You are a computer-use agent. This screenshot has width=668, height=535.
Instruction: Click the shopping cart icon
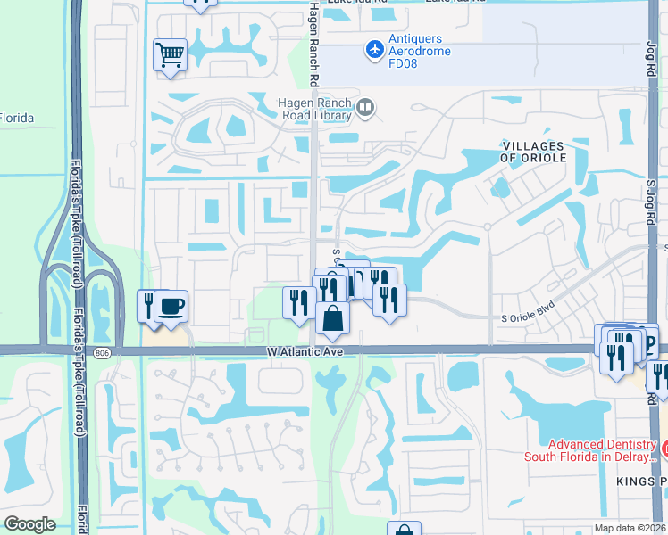tap(170, 56)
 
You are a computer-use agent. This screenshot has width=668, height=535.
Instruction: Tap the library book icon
tap(364, 108)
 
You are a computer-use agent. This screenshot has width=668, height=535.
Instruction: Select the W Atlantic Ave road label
tap(305, 352)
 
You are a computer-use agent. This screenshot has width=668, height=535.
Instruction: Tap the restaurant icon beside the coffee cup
tap(148, 307)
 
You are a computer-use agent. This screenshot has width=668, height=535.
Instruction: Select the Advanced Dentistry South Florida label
tap(602, 451)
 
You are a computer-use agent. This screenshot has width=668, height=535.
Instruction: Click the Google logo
tap(29, 524)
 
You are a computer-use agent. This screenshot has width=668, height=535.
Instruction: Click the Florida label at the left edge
tap(16, 119)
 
